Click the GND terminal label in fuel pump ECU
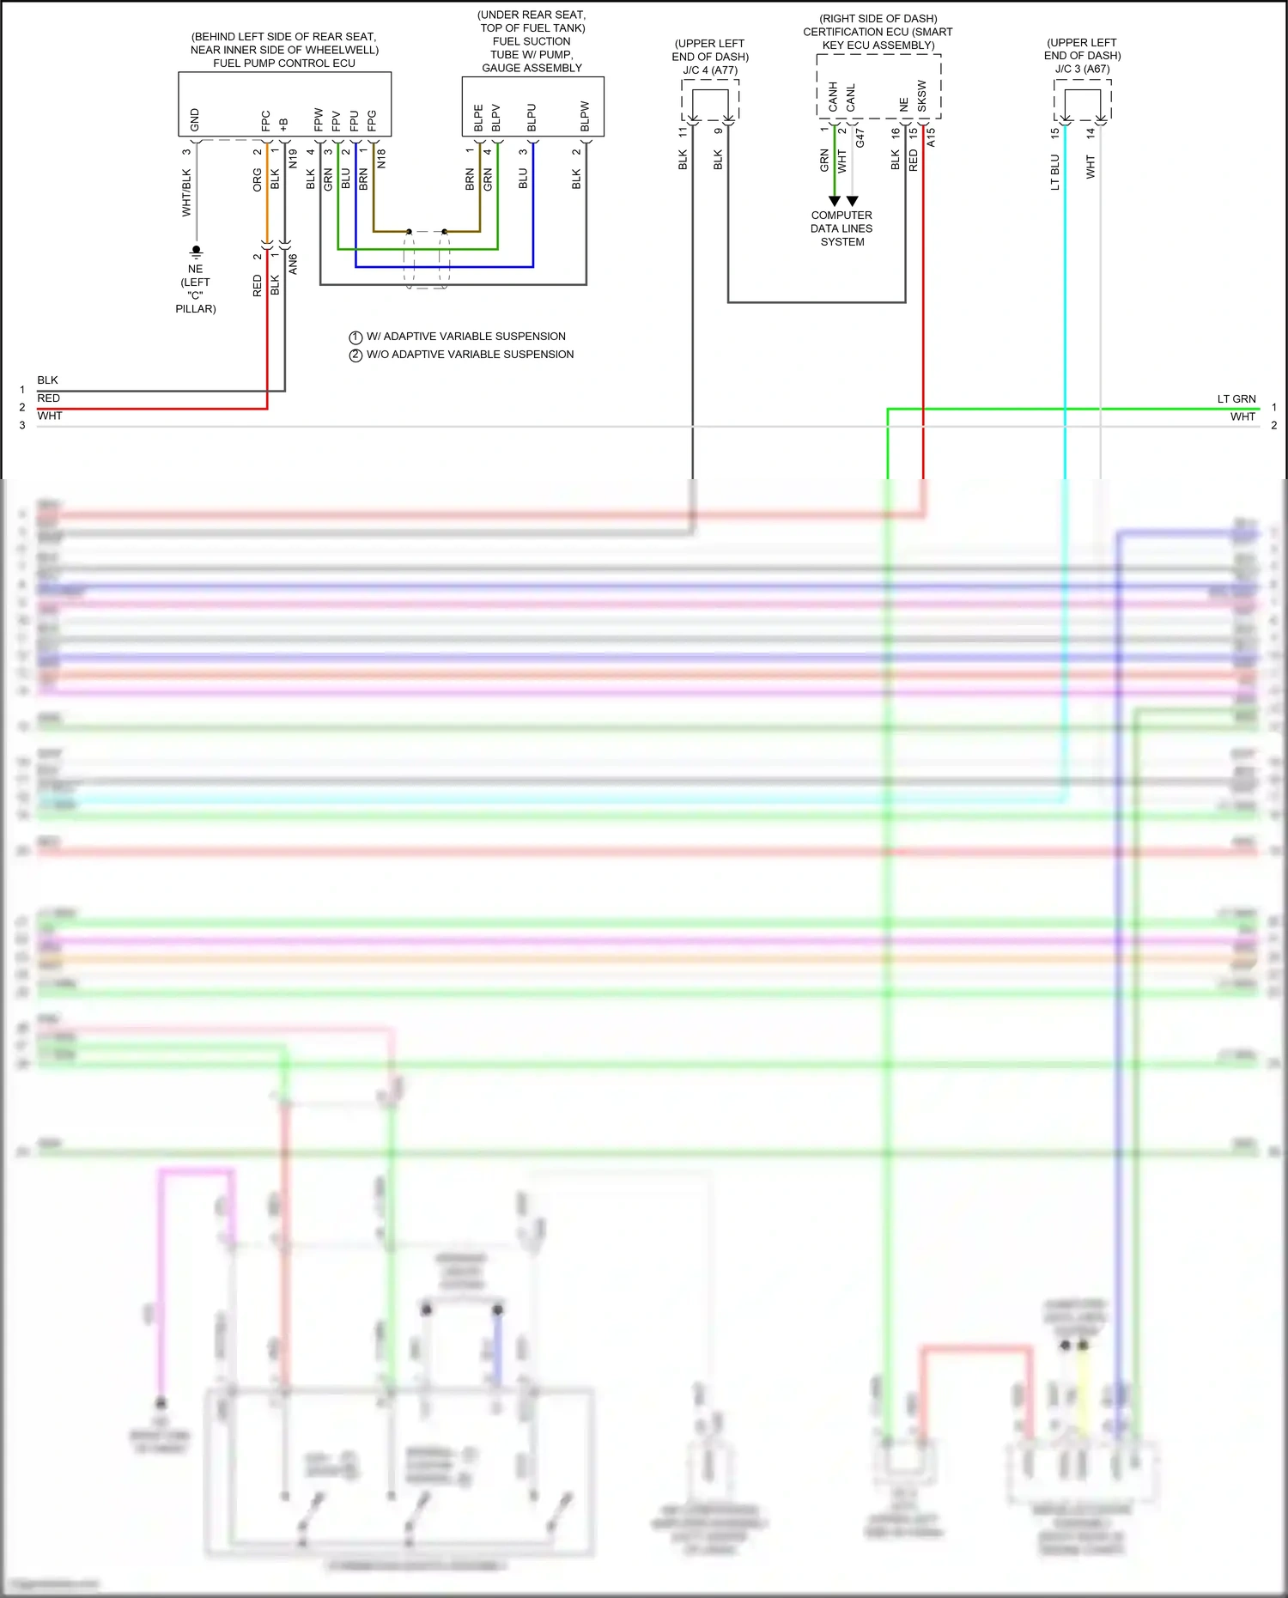point(195,119)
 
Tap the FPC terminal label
point(265,120)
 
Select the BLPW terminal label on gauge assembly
point(585,117)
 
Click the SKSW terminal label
point(922,95)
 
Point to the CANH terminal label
point(833,97)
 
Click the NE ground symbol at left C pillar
point(196,252)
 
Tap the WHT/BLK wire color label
point(186,192)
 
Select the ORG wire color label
point(257,180)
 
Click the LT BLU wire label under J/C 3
point(1055,173)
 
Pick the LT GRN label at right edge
point(1236,398)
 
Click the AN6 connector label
point(293,264)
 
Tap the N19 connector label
point(293,158)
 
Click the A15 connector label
point(931,137)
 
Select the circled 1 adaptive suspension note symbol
point(355,337)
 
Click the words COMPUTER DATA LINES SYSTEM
point(841,228)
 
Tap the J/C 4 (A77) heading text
point(710,70)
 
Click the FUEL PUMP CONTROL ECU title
point(284,63)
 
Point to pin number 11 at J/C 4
point(683,132)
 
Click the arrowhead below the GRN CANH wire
point(834,201)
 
